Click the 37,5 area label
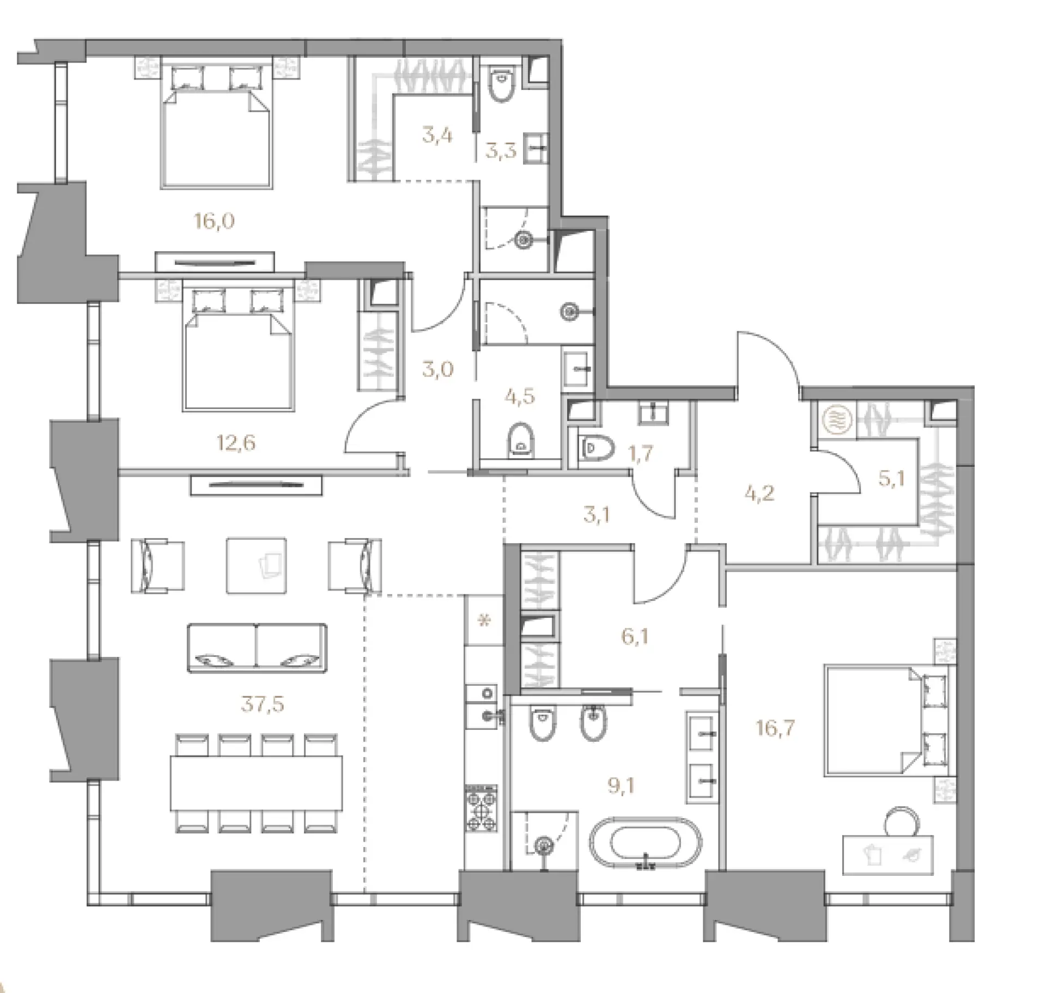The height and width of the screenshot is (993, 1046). point(263,704)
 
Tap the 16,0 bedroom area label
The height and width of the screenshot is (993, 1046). point(214,221)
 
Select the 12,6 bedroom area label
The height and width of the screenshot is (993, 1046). point(236,443)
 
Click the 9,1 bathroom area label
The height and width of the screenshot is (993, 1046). point(621,786)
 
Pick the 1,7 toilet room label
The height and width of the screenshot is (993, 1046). point(641,453)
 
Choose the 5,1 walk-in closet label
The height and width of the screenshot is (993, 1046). point(891,479)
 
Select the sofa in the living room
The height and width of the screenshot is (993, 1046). point(257,648)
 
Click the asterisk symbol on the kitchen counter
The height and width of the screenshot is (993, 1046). point(484,620)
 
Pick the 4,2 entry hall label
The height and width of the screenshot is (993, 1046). point(759,495)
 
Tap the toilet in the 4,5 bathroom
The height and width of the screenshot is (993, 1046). point(521,439)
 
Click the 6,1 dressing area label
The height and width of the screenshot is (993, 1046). point(635,636)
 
